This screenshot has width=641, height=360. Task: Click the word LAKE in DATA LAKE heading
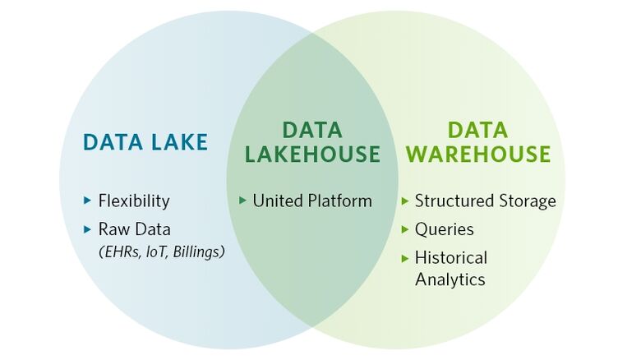(x=176, y=142)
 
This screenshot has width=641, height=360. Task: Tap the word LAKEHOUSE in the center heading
(x=312, y=155)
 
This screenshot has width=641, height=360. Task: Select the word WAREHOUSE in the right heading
(x=479, y=155)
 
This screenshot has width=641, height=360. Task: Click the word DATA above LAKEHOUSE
(x=312, y=130)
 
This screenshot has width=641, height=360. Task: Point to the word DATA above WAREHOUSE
(x=478, y=130)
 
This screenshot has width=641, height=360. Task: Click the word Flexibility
(x=134, y=201)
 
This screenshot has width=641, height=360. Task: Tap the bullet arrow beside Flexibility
(x=88, y=201)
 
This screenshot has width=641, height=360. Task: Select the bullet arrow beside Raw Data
(x=88, y=229)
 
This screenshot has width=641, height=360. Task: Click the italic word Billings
(x=198, y=252)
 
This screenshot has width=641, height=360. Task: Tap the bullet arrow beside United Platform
(x=242, y=201)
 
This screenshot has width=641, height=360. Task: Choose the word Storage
(x=524, y=201)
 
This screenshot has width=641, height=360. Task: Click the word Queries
(x=444, y=229)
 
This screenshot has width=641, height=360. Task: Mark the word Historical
(x=451, y=257)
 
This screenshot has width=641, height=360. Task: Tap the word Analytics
(x=450, y=279)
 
